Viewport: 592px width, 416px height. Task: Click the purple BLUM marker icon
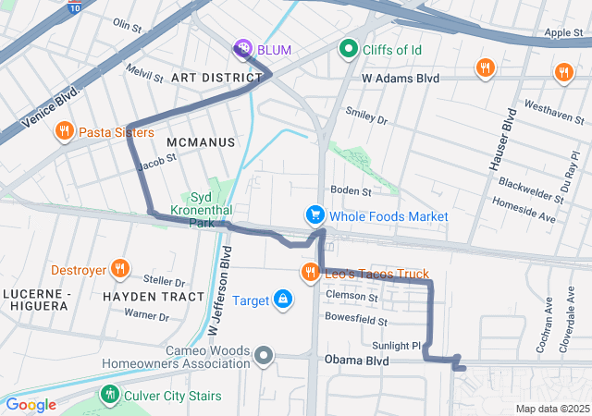[243, 47]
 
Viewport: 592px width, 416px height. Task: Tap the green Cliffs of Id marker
[349, 47]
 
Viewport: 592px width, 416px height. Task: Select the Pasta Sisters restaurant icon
[64, 132]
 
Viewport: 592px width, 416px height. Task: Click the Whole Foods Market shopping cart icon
[315, 215]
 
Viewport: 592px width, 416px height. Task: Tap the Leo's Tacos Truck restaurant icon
[310, 273]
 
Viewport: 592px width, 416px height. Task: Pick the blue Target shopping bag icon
[283, 300]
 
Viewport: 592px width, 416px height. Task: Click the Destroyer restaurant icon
[119, 270]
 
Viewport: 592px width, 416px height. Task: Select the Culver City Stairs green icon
[110, 396]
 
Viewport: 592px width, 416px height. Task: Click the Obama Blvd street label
[356, 361]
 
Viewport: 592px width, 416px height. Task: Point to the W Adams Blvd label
[400, 80]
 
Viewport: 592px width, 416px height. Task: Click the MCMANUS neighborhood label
[202, 142]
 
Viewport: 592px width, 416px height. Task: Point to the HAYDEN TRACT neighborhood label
[154, 297]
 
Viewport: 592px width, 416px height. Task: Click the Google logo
[31, 404]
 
